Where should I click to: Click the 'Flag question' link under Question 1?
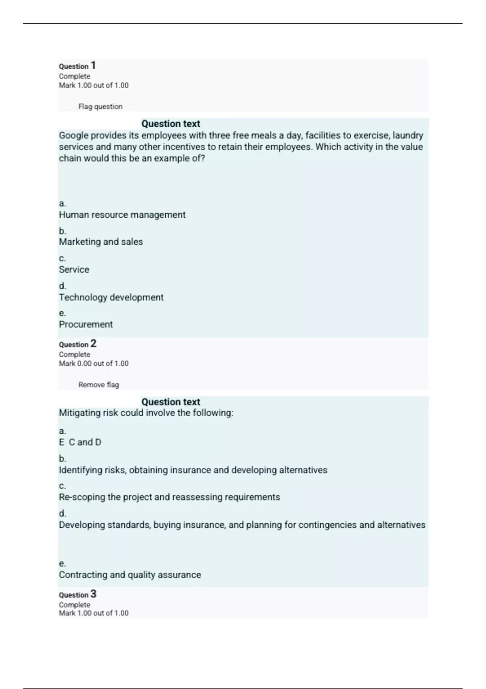click(x=100, y=107)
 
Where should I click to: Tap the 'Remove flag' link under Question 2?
click(x=98, y=385)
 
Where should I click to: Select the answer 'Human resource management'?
click(x=122, y=215)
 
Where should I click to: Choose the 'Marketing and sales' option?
click(x=101, y=242)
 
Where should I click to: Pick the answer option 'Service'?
click(x=74, y=270)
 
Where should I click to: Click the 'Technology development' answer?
click(x=111, y=297)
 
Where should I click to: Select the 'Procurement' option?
click(x=86, y=325)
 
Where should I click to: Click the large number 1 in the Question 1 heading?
click(x=93, y=65)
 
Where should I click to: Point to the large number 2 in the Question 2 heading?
click(x=93, y=344)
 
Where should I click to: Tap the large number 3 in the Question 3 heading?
click(x=93, y=594)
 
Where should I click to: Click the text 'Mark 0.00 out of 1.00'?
click(x=94, y=364)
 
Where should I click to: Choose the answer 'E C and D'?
click(x=80, y=442)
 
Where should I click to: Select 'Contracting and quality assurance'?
click(x=130, y=575)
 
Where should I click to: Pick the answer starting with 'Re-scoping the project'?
click(x=169, y=497)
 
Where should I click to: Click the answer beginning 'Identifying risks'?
click(x=193, y=470)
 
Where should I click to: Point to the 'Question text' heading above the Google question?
click(x=171, y=124)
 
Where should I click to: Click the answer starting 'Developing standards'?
click(x=242, y=525)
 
